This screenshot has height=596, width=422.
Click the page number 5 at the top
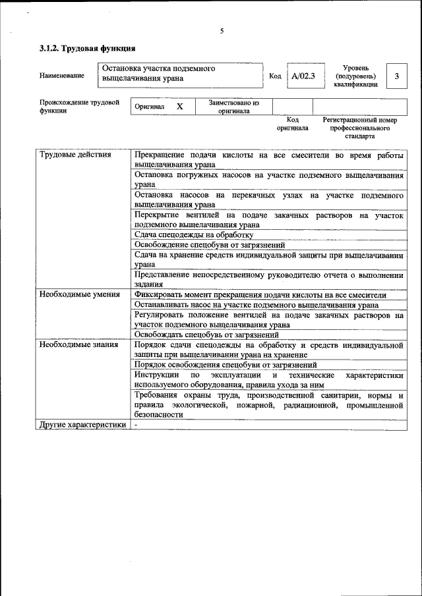(222, 31)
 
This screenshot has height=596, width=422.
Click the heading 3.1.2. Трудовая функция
(88, 48)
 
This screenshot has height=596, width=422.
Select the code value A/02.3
(304, 76)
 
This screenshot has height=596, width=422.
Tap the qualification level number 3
(396, 76)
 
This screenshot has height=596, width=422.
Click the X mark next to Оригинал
(179, 106)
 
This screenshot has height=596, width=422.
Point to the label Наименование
(62, 76)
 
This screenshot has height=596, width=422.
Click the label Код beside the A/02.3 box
(276, 76)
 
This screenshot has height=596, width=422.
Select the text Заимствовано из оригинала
(234, 107)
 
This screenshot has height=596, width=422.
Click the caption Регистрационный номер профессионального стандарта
(359, 128)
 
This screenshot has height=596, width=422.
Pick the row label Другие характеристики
(82, 425)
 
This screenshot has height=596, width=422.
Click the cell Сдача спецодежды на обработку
(194, 234)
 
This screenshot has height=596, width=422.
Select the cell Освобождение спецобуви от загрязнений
(209, 244)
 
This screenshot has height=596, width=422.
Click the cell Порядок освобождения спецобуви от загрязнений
(226, 364)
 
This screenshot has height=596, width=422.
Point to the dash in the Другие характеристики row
(136, 425)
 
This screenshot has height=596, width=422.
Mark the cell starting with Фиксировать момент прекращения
(260, 295)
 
